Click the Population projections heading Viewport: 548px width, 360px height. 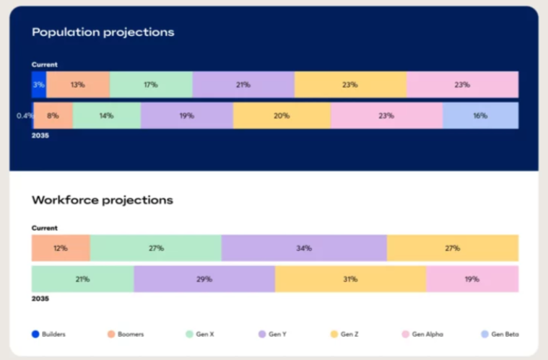pos(103,32)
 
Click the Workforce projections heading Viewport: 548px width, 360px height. pos(103,200)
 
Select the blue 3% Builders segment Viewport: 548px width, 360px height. pos(39,84)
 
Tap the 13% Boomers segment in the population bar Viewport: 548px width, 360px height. pos(78,84)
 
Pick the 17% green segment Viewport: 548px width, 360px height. pos(151,84)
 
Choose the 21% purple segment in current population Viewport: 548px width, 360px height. pos(243,84)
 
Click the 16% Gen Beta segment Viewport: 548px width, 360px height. pos(481,115)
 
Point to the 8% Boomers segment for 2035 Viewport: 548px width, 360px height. pos(53,115)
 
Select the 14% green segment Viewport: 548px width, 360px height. pos(107,115)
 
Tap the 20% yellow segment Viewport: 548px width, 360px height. pos(282,115)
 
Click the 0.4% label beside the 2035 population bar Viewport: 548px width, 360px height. pos(25,115)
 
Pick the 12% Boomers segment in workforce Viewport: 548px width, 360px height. pos(61,248)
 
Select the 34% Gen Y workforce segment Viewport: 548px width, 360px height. pos(304,248)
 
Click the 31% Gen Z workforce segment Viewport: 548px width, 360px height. pos(351,279)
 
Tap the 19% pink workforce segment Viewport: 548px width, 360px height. pos(472,279)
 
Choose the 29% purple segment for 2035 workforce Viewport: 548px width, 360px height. pos(204,279)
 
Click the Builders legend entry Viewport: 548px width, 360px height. pos(48,334)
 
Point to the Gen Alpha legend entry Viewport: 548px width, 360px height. pos(422,334)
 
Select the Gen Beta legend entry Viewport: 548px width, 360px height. pos(500,334)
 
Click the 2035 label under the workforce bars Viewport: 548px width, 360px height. pos(40,299)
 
